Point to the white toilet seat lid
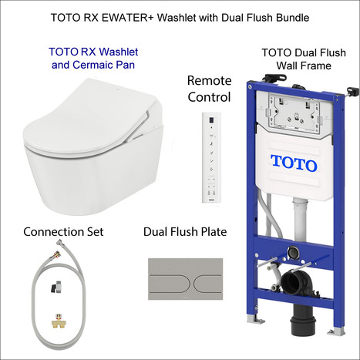point(77,116)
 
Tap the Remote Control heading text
point(209,89)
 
